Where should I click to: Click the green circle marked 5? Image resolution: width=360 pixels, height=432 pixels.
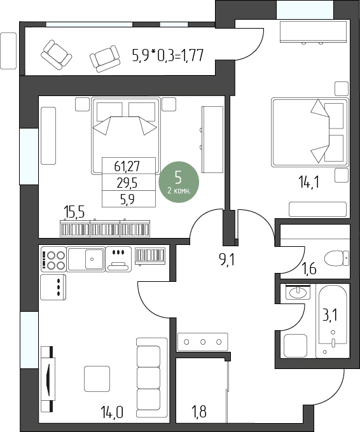[x=179, y=182]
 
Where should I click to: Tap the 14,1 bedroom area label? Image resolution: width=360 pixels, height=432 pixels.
[x=308, y=182]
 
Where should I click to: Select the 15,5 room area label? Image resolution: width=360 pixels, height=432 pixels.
[x=74, y=212]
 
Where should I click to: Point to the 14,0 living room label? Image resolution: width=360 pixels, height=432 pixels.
[x=111, y=412]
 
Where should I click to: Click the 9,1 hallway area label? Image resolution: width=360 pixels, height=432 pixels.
[x=226, y=259]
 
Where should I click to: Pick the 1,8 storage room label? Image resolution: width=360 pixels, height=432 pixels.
[x=199, y=412]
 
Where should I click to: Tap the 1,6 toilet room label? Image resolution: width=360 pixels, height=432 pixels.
[x=309, y=268]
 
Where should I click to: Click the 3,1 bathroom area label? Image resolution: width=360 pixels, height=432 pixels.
[x=329, y=315]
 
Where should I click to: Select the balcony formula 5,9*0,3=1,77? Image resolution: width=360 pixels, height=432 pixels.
[x=168, y=55]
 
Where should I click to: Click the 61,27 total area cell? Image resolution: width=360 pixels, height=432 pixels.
[x=127, y=166]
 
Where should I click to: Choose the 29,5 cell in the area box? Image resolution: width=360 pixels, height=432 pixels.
[x=127, y=183]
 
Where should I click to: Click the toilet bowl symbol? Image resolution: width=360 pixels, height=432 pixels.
[x=336, y=258]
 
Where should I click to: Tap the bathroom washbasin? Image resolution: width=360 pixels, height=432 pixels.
[x=298, y=292]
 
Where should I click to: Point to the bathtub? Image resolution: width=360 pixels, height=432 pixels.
[x=333, y=321]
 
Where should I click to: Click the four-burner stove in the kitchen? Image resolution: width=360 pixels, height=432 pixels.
[x=53, y=259]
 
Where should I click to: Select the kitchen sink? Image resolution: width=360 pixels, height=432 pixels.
[x=86, y=259]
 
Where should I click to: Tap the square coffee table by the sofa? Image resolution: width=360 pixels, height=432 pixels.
[x=97, y=379]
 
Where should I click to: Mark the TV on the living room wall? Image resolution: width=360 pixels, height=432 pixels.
[x=48, y=379]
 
